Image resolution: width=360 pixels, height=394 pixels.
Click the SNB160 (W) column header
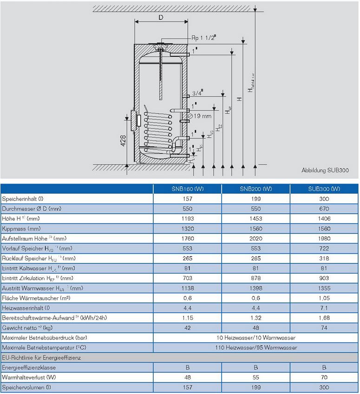click(187, 189)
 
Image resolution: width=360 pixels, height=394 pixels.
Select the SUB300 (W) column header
click(324, 189)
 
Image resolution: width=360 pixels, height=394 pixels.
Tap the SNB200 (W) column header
click(255, 189)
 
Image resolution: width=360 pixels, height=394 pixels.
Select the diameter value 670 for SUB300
click(324, 209)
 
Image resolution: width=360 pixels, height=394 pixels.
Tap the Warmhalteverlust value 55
click(255, 378)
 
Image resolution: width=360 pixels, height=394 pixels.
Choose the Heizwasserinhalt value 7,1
click(324, 308)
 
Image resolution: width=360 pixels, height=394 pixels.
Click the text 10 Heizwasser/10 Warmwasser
click(255, 338)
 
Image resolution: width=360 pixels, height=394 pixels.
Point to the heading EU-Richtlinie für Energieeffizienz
click(42, 358)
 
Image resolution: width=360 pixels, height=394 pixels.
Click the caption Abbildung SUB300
click(325, 171)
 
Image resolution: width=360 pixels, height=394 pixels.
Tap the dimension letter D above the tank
click(161, 18)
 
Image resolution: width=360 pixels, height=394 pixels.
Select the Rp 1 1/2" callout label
click(205, 38)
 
